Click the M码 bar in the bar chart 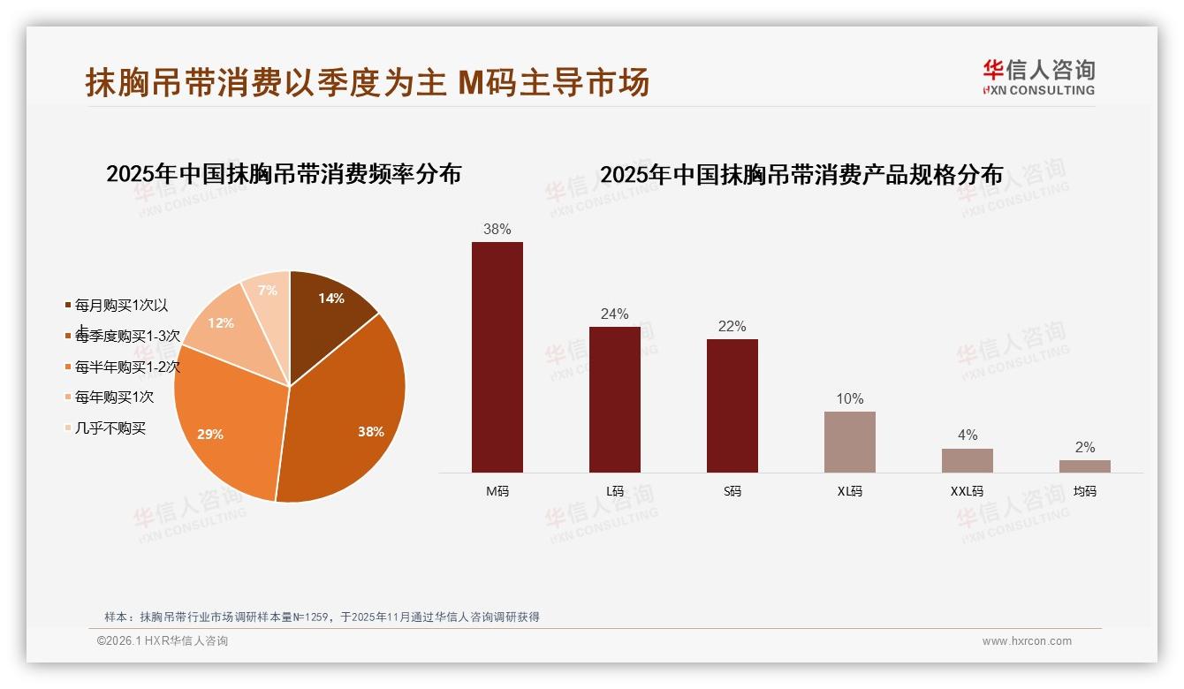(x=497, y=357)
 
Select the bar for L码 (x=614, y=399)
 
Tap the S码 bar (x=732, y=405)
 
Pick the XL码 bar (x=849, y=442)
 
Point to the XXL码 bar (x=967, y=460)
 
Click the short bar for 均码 (x=1084, y=466)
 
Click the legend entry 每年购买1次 (x=114, y=397)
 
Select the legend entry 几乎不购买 (x=110, y=428)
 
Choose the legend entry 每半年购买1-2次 (x=127, y=367)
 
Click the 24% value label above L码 (x=614, y=314)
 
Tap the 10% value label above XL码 (x=849, y=398)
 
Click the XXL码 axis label (x=967, y=491)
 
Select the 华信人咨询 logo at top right (x=1038, y=77)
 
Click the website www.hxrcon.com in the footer (x=1027, y=641)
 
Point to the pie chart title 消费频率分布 (x=284, y=174)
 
